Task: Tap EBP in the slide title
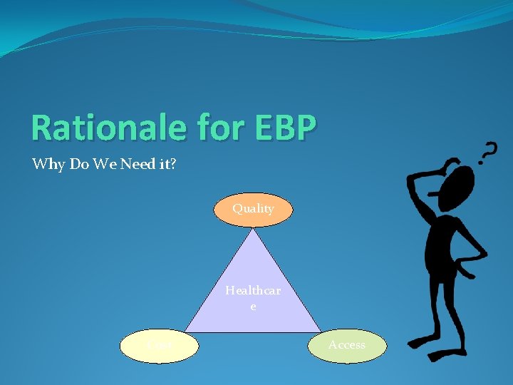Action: tap(275, 128)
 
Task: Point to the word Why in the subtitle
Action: tap(46, 165)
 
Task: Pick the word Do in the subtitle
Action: tap(76, 165)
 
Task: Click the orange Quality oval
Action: tap(253, 209)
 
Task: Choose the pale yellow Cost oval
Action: tap(159, 346)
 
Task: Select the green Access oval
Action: tap(347, 345)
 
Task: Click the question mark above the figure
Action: tap(488, 150)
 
